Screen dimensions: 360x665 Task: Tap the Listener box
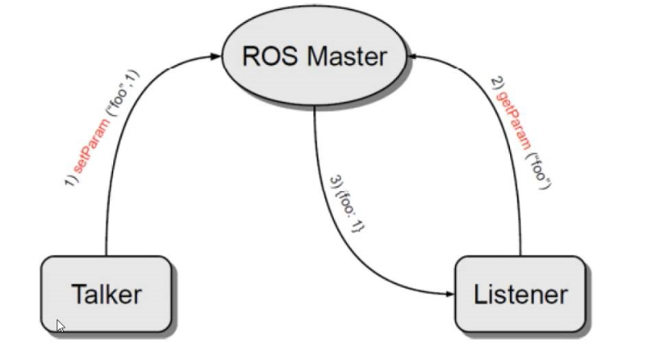[520, 294]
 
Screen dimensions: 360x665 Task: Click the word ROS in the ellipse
[269, 57]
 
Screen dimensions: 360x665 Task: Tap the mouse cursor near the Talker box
[61, 326]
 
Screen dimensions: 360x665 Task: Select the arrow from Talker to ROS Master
[123, 139]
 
